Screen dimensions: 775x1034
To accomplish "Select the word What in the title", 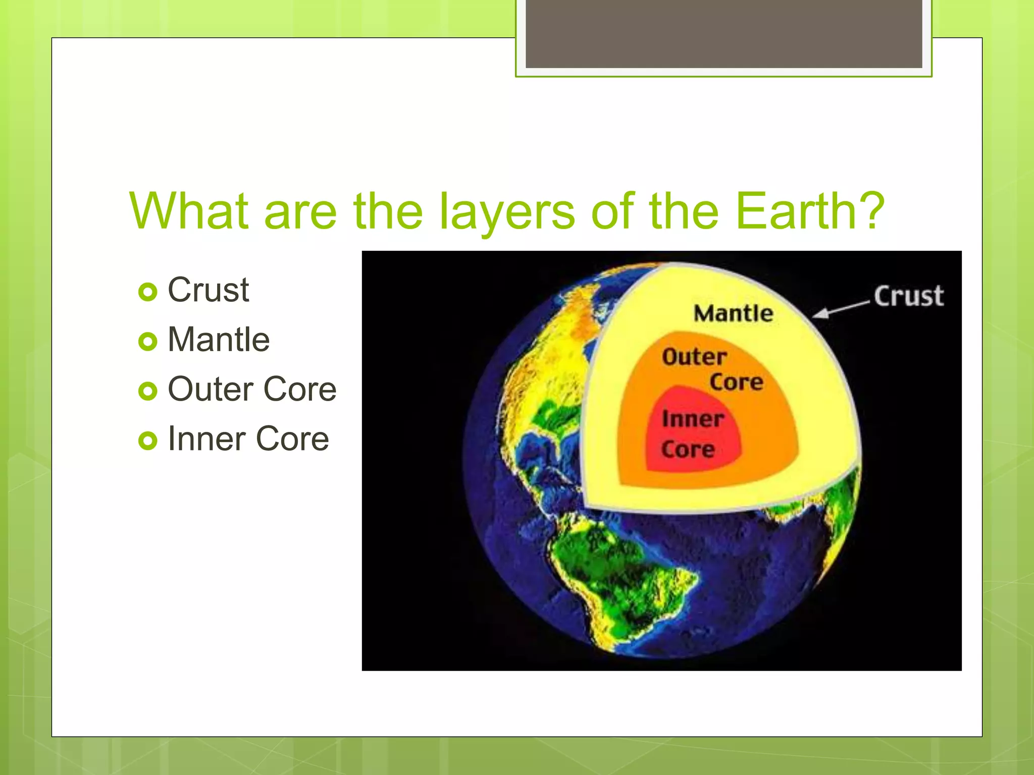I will click(x=189, y=211).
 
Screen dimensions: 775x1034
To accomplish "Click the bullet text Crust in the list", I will click(x=208, y=290).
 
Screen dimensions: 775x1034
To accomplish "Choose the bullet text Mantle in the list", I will click(x=218, y=340).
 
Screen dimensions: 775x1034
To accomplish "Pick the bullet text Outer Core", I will click(x=251, y=389).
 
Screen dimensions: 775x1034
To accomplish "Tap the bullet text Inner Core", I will click(x=248, y=438).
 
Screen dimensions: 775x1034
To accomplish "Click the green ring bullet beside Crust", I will click(x=147, y=292).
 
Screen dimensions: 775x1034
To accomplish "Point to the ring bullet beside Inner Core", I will click(x=147, y=440).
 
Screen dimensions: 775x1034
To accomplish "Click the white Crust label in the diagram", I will click(x=908, y=296).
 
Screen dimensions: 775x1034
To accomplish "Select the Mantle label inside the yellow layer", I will click(x=733, y=313).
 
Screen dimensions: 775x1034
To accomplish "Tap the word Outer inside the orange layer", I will click(x=694, y=357).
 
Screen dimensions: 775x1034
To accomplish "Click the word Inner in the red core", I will click(x=692, y=419).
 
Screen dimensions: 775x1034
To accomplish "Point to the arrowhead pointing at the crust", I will click(x=822, y=314).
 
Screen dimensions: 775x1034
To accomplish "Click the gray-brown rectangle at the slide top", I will click(x=723, y=33).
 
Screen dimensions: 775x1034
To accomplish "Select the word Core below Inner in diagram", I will click(x=688, y=450).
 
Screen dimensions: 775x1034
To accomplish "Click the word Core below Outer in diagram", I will click(x=736, y=382).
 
